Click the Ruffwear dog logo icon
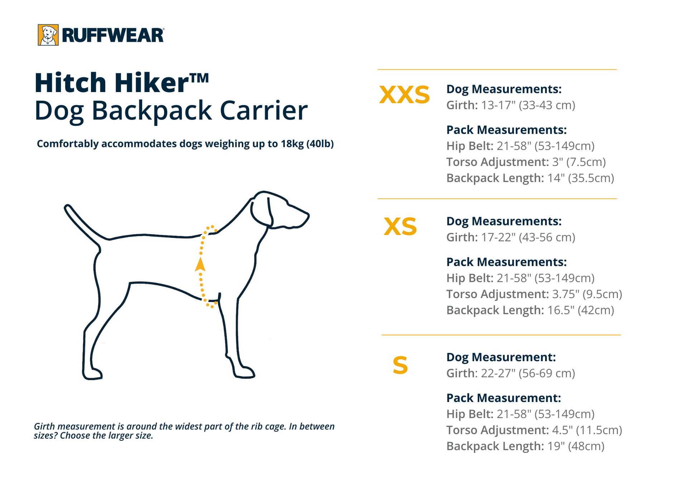point(48,35)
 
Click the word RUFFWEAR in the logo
point(113,35)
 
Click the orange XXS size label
point(404,95)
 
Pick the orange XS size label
point(400,227)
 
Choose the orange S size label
point(400,365)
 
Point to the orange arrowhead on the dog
point(200,265)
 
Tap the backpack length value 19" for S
point(554,446)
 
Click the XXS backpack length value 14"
point(556,178)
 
